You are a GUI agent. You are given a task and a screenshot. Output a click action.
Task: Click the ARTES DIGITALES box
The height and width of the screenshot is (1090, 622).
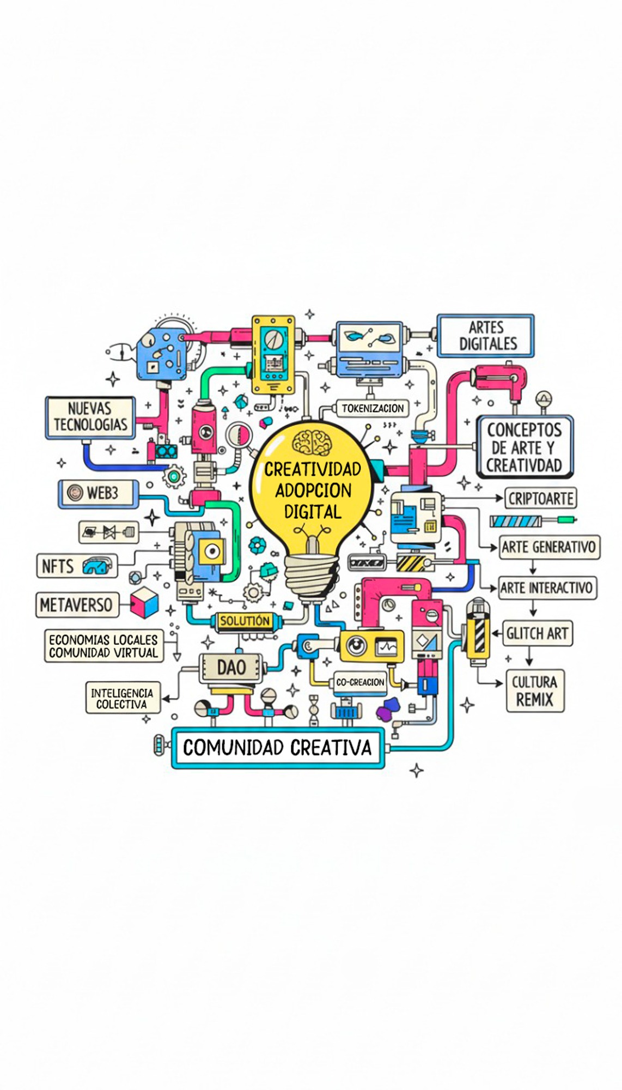486,336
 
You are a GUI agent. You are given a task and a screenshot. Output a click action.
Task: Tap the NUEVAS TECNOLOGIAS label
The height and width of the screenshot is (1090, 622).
90,417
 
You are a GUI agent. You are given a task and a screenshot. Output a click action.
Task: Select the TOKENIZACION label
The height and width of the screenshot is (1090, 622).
373,408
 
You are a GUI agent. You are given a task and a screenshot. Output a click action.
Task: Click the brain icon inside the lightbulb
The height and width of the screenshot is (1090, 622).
312,443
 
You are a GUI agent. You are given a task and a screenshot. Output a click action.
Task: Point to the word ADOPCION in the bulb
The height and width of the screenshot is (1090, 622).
313,491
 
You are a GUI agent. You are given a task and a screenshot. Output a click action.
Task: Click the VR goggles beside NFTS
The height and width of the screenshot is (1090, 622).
99,566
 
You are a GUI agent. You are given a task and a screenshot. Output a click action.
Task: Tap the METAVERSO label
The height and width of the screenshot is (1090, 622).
76,605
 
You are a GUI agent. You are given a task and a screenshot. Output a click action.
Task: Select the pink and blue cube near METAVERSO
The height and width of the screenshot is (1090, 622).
144,602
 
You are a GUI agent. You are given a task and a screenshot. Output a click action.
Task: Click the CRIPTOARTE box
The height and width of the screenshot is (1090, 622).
540,498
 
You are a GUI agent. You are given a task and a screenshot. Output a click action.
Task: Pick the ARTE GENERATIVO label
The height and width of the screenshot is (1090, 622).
549,547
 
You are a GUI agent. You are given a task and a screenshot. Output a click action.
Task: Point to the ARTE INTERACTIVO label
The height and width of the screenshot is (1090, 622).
546,588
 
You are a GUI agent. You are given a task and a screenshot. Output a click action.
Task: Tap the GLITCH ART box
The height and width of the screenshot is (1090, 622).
537,633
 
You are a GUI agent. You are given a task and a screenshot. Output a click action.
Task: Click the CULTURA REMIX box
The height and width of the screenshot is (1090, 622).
534,691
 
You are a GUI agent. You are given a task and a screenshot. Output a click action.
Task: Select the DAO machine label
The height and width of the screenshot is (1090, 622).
231,667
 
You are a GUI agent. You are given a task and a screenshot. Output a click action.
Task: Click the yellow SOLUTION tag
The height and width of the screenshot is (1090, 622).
245,621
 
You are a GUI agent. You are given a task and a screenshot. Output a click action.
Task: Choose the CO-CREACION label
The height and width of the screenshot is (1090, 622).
360,682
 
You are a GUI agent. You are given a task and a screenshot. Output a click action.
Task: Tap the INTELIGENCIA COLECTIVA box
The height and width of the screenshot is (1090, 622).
122,698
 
